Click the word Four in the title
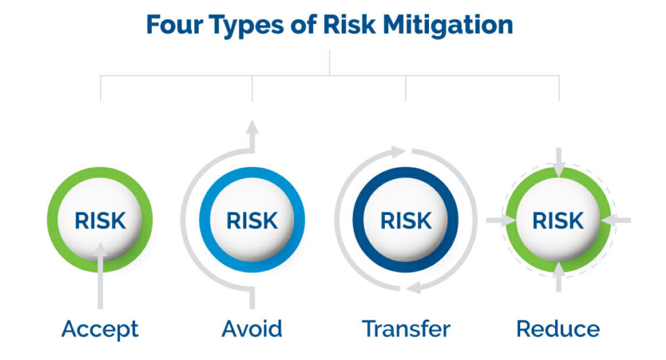coord(174,24)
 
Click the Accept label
coord(100,329)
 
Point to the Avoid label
coord(252,329)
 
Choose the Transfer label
coord(406,329)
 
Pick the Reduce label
coord(558,329)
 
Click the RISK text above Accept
coord(100,220)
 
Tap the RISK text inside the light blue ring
coord(252,220)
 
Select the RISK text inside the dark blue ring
coord(406,220)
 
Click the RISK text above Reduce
coord(558,220)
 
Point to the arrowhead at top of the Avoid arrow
coord(253,127)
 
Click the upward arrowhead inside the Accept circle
coord(100,249)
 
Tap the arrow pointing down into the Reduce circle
coord(559,162)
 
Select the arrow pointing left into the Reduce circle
coord(616,220)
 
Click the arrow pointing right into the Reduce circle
coord(501,220)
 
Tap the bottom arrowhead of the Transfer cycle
coord(413,287)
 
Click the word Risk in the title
coord(349,24)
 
